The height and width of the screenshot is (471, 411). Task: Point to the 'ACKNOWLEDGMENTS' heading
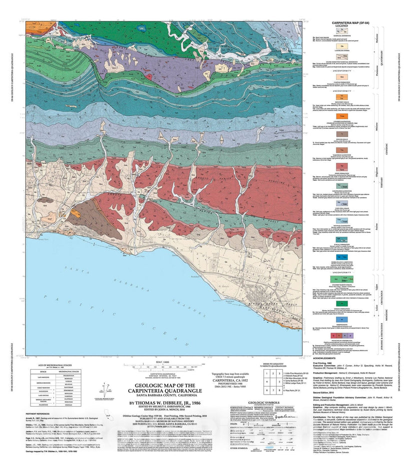click(327, 358)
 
